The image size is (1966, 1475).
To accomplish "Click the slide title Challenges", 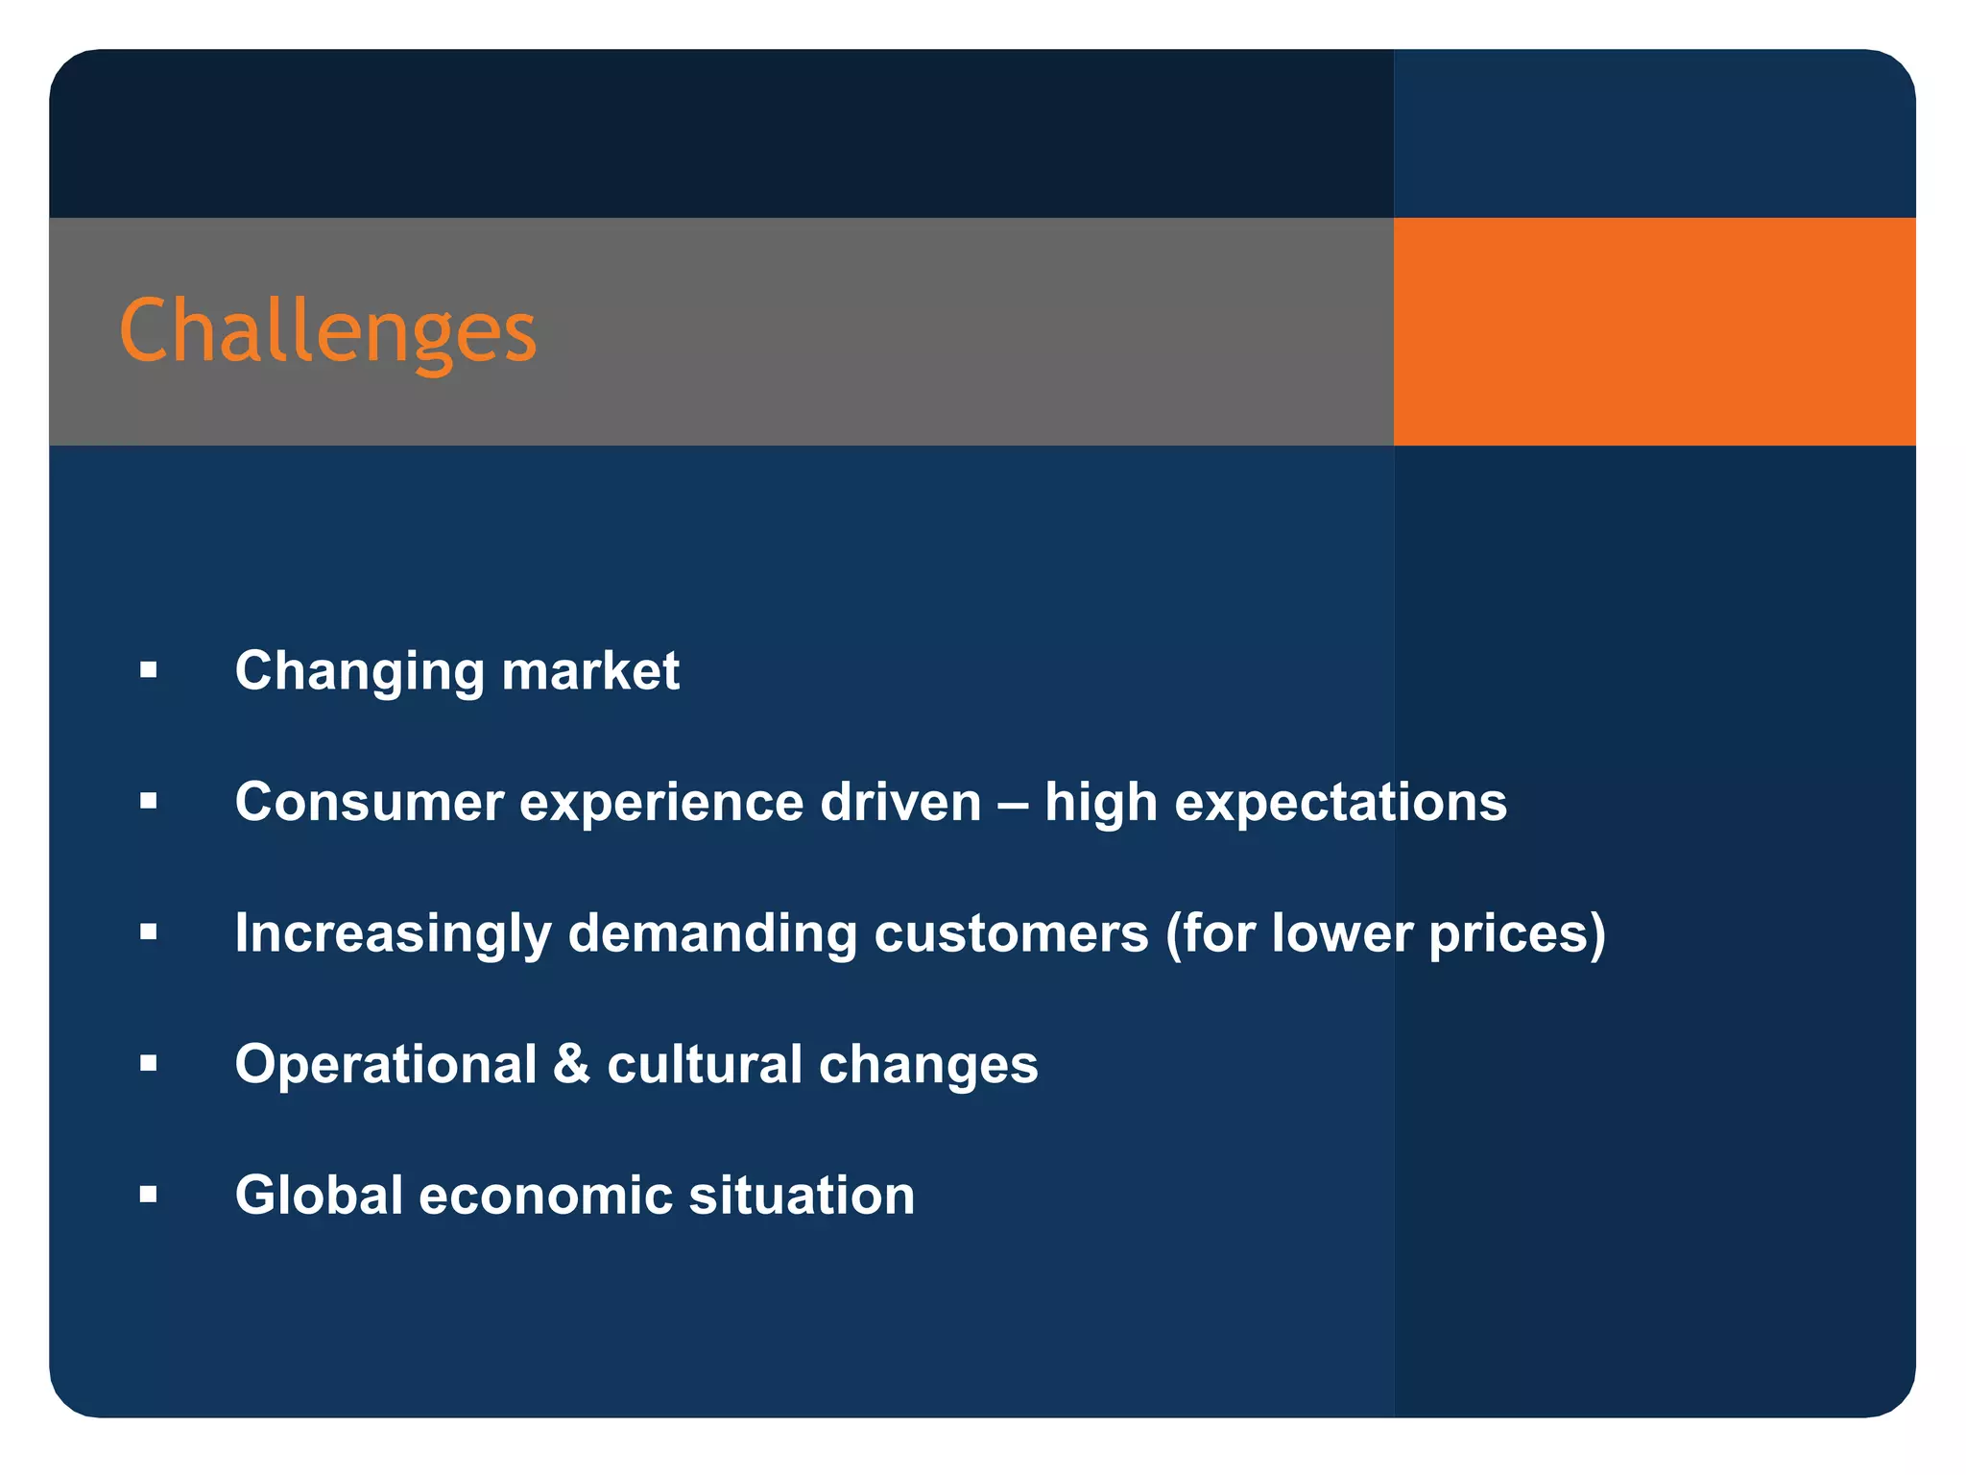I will coord(327,331).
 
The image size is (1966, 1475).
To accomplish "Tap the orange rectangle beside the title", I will coord(1653,331).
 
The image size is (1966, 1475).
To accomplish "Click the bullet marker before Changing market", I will coord(148,670).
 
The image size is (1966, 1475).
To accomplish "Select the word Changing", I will coord(359,670).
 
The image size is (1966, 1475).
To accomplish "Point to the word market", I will coord(590,670).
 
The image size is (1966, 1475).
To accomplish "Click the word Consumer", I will coord(369,802).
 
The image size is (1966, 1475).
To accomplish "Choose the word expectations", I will coord(1340,802).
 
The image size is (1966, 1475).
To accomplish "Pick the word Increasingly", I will coord(393,933).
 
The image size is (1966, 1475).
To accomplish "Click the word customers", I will coord(1011,933).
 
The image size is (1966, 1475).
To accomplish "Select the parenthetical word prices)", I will coord(1517,933).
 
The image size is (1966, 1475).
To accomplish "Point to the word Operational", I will coord(386,1064).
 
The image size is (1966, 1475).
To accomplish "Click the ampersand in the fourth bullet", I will coord(571,1064).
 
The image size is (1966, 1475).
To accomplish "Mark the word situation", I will coord(802,1196).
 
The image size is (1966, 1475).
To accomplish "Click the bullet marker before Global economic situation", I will coord(148,1196).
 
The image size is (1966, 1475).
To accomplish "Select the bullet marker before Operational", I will coord(148,1064).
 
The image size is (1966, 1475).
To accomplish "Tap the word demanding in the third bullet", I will coord(712,933).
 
